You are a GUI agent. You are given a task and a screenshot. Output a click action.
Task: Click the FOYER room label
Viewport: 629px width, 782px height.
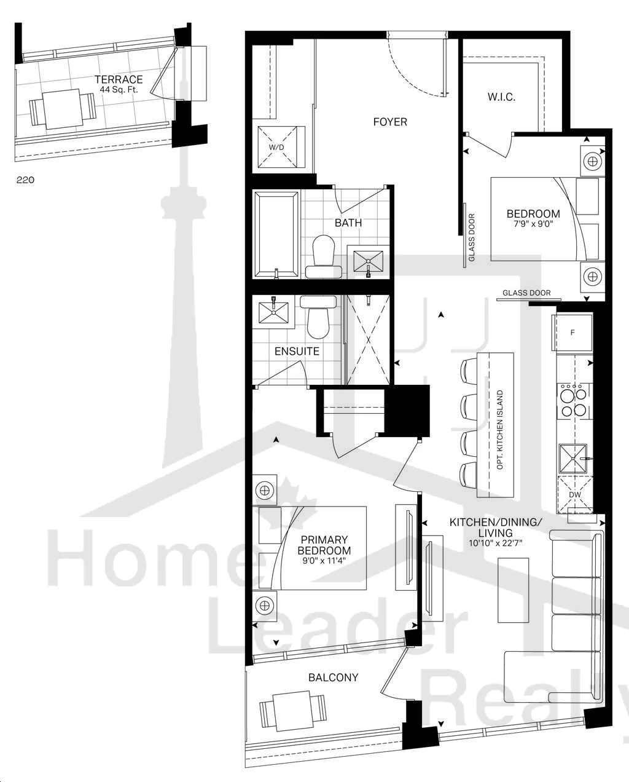click(390, 122)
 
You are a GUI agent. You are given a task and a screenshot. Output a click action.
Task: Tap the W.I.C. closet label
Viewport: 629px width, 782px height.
click(501, 97)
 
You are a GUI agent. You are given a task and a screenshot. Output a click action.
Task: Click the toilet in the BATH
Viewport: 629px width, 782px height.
click(323, 256)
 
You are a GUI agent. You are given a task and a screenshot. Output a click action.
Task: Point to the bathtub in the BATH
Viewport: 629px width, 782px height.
click(276, 235)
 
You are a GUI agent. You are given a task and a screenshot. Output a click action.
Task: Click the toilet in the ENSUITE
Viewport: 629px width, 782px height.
click(318, 317)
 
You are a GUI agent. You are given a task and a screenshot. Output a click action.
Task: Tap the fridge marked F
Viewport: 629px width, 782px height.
click(572, 333)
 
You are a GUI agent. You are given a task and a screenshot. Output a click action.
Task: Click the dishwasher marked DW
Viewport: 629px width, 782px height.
click(575, 494)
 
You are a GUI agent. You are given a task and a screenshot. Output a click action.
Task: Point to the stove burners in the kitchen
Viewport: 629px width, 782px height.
click(572, 400)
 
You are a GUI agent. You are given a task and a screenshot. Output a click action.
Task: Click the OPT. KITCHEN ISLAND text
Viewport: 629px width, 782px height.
click(500, 430)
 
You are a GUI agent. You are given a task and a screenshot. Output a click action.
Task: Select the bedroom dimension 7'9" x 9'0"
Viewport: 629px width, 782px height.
click(533, 224)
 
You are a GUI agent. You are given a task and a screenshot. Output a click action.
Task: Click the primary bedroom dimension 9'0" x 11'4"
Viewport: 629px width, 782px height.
click(324, 561)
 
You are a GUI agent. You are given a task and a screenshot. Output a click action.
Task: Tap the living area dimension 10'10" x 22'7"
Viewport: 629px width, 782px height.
click(495, 543)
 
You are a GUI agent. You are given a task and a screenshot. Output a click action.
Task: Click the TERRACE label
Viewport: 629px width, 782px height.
click(119, 79)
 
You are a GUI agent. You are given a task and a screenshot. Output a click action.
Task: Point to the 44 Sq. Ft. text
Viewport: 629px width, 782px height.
click(119, 89)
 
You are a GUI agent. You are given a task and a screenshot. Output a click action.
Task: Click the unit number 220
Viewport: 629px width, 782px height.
click(25, 180)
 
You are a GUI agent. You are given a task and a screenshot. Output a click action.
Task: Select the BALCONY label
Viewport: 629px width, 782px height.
click(334, 677)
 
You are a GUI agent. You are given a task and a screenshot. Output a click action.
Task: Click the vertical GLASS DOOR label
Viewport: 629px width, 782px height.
click(472, 238)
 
